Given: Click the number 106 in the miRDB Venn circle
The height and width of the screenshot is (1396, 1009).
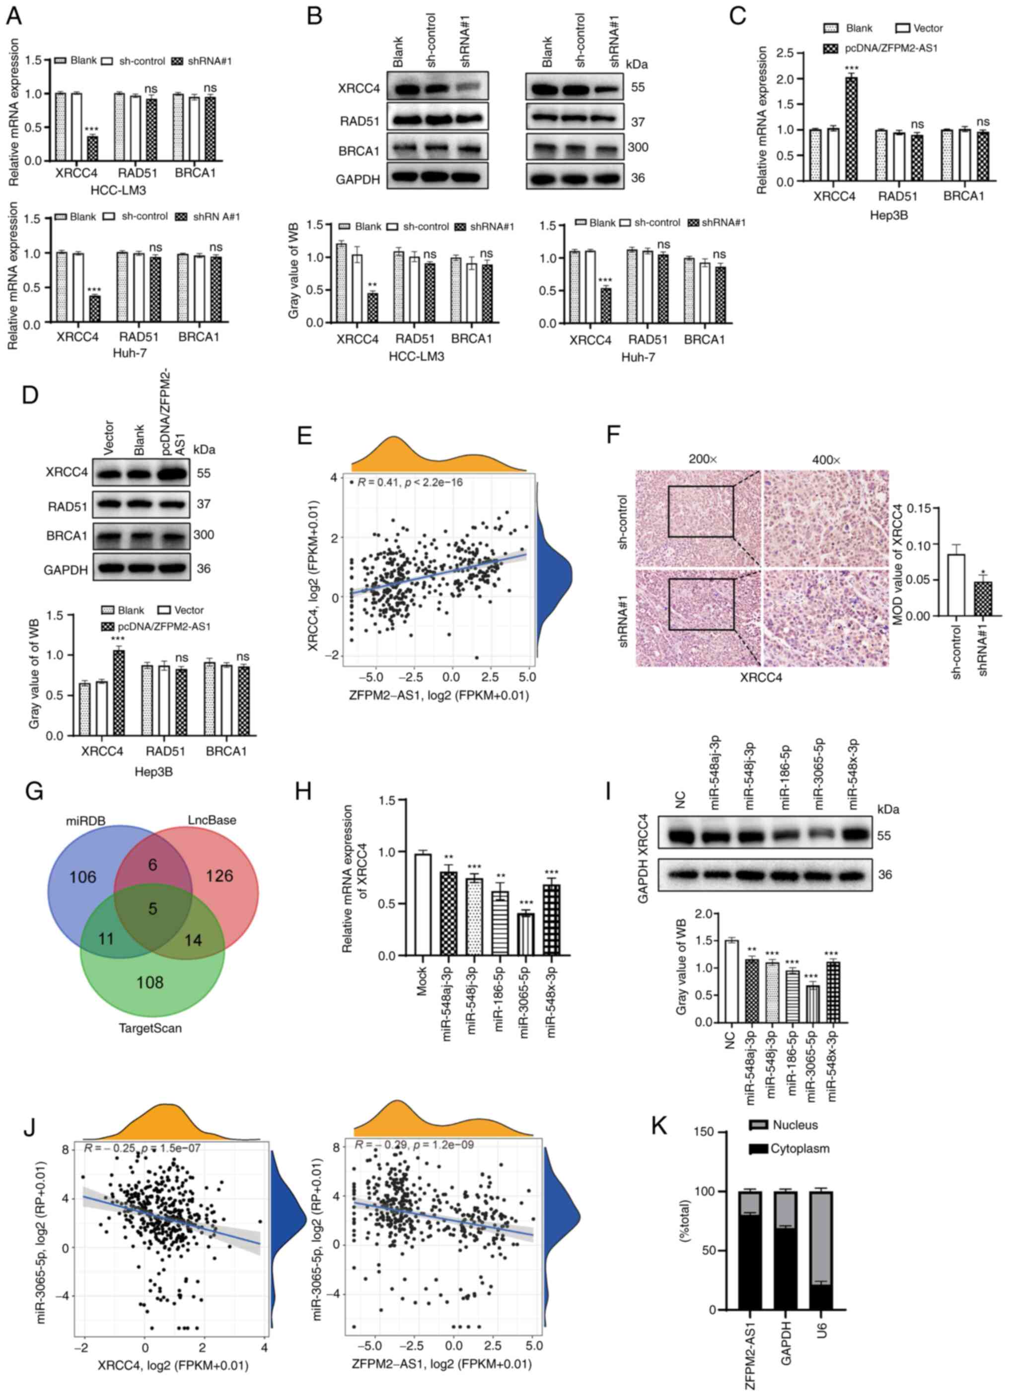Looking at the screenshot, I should (82, 876).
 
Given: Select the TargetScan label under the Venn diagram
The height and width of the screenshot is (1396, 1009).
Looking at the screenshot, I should (150, 1027).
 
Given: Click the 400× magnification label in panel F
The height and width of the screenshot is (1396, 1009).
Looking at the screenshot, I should (826, 460).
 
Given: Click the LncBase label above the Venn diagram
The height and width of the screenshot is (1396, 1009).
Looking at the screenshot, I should (212, 819).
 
